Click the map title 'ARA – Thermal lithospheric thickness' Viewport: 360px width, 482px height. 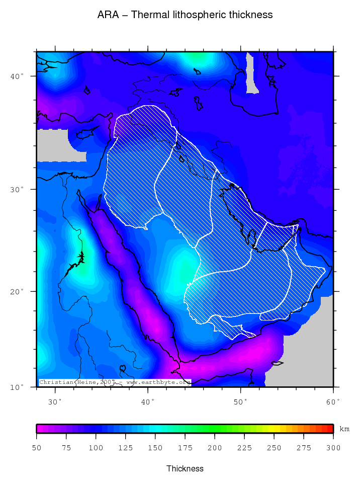pos(185,15)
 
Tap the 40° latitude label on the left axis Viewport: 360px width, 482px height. pos(19,76)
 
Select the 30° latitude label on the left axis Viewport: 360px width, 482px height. pos(19,189)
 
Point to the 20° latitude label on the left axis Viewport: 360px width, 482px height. pos(19,291)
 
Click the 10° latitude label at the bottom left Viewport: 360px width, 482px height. pos(19,387)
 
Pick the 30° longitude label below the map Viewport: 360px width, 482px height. pos(55,401)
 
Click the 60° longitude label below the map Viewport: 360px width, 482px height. pos(333,401)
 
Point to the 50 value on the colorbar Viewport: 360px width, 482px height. pos(37,447)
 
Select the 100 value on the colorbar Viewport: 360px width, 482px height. pos(96,447)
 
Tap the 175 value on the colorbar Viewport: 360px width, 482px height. pos(185,447)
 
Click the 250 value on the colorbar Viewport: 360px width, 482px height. pos(274,447)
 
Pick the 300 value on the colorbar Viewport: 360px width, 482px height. pos(333,447)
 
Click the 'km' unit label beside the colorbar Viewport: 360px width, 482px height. pos(344,429)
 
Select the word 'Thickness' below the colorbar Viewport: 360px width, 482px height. pos(185,468)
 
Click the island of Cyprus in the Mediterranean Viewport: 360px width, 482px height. pos(83,134)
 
